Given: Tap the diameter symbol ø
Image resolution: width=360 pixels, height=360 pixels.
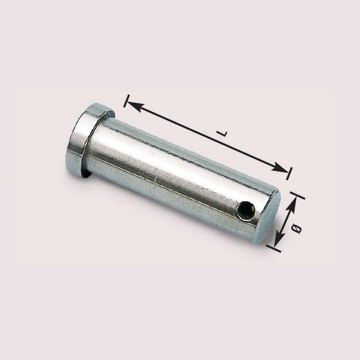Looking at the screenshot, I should (x=297, y=229).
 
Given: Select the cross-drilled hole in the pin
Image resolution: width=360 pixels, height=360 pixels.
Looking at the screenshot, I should (x=246, y=210).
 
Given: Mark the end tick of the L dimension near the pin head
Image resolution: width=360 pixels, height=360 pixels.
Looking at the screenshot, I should (x=127, y=101).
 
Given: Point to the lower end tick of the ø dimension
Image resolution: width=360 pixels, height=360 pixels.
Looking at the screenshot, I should (x=274, y=248).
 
